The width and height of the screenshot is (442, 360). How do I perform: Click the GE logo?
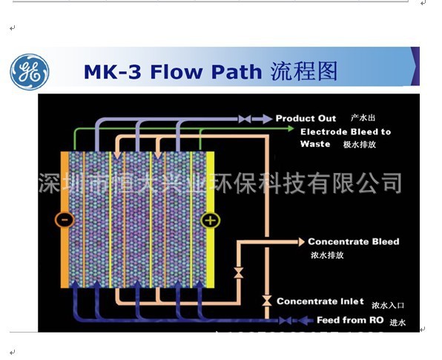coord(29,72)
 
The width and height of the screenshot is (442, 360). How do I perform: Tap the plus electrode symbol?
coord(210,220)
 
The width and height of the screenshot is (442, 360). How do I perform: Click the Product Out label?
coord(306,118)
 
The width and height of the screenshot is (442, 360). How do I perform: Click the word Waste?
coord(315,144)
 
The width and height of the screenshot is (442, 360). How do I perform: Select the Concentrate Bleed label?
coord(353,241)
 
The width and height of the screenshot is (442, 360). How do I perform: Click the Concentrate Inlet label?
coord(320,301)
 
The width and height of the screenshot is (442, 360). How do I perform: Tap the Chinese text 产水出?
coord(364,118)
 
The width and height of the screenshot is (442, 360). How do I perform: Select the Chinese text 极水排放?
coord(360,145)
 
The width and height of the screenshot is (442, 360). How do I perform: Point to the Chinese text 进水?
coord(398,321)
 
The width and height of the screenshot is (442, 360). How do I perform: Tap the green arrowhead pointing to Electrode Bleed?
coord(294,130)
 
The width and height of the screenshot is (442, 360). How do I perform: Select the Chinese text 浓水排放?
coord(327,255)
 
